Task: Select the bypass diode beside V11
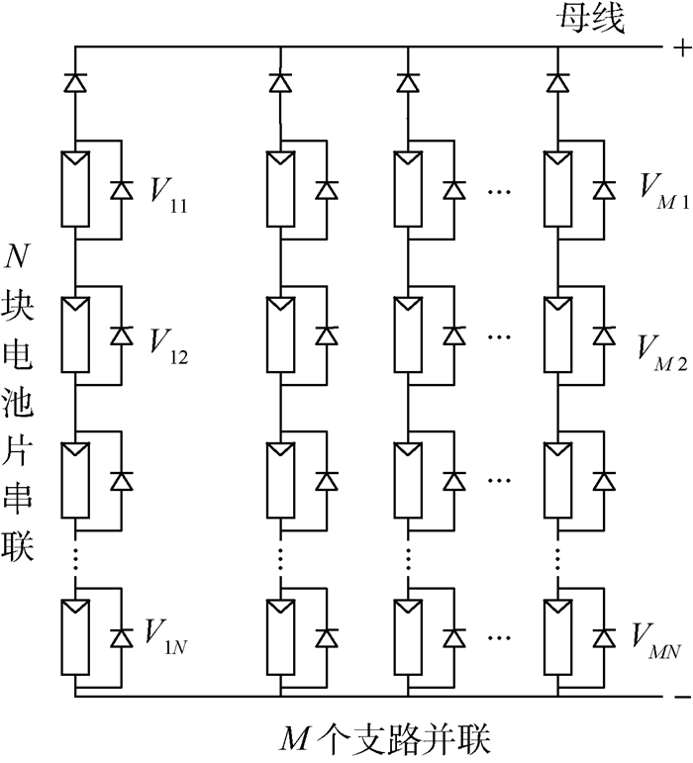click(121, 189)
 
